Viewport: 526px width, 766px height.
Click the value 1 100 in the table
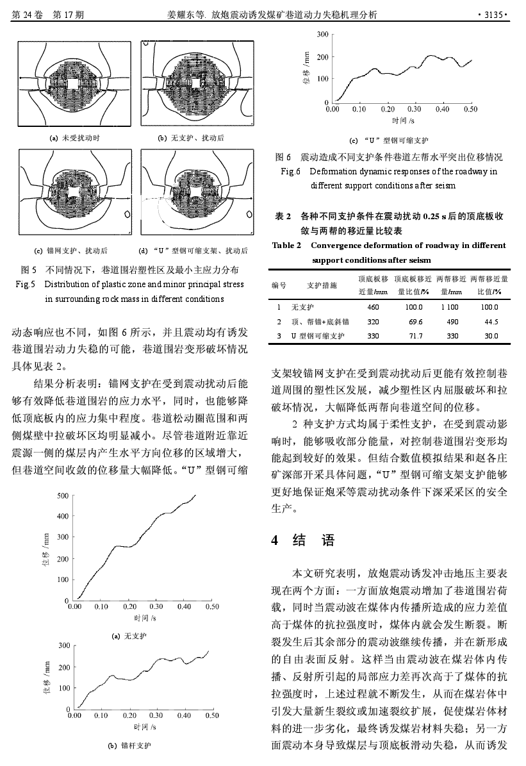[450, 308]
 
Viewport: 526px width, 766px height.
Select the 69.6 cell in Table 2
[415, 322]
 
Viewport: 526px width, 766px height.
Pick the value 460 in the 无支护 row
[373, 308]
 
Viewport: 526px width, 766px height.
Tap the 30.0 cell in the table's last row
[491, 336]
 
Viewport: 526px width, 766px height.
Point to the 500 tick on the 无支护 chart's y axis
[63, 495]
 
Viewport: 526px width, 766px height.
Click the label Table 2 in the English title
[286, 246]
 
